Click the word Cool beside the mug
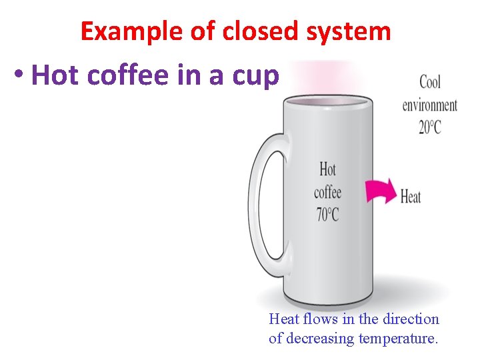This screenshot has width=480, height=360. coord(430,83)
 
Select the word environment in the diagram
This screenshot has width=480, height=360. coord(430,105)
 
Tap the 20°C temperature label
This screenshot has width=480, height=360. coord(430,127)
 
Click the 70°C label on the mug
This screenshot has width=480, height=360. coord(327,215)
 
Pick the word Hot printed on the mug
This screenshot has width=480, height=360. coord(327,169)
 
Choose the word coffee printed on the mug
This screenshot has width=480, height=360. coord(327,192)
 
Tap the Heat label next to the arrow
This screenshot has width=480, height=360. coord(411,197)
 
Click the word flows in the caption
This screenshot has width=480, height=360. coord(319,319)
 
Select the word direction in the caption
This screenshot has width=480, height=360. coord(411,319)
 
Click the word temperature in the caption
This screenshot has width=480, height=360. coord(398,338)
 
